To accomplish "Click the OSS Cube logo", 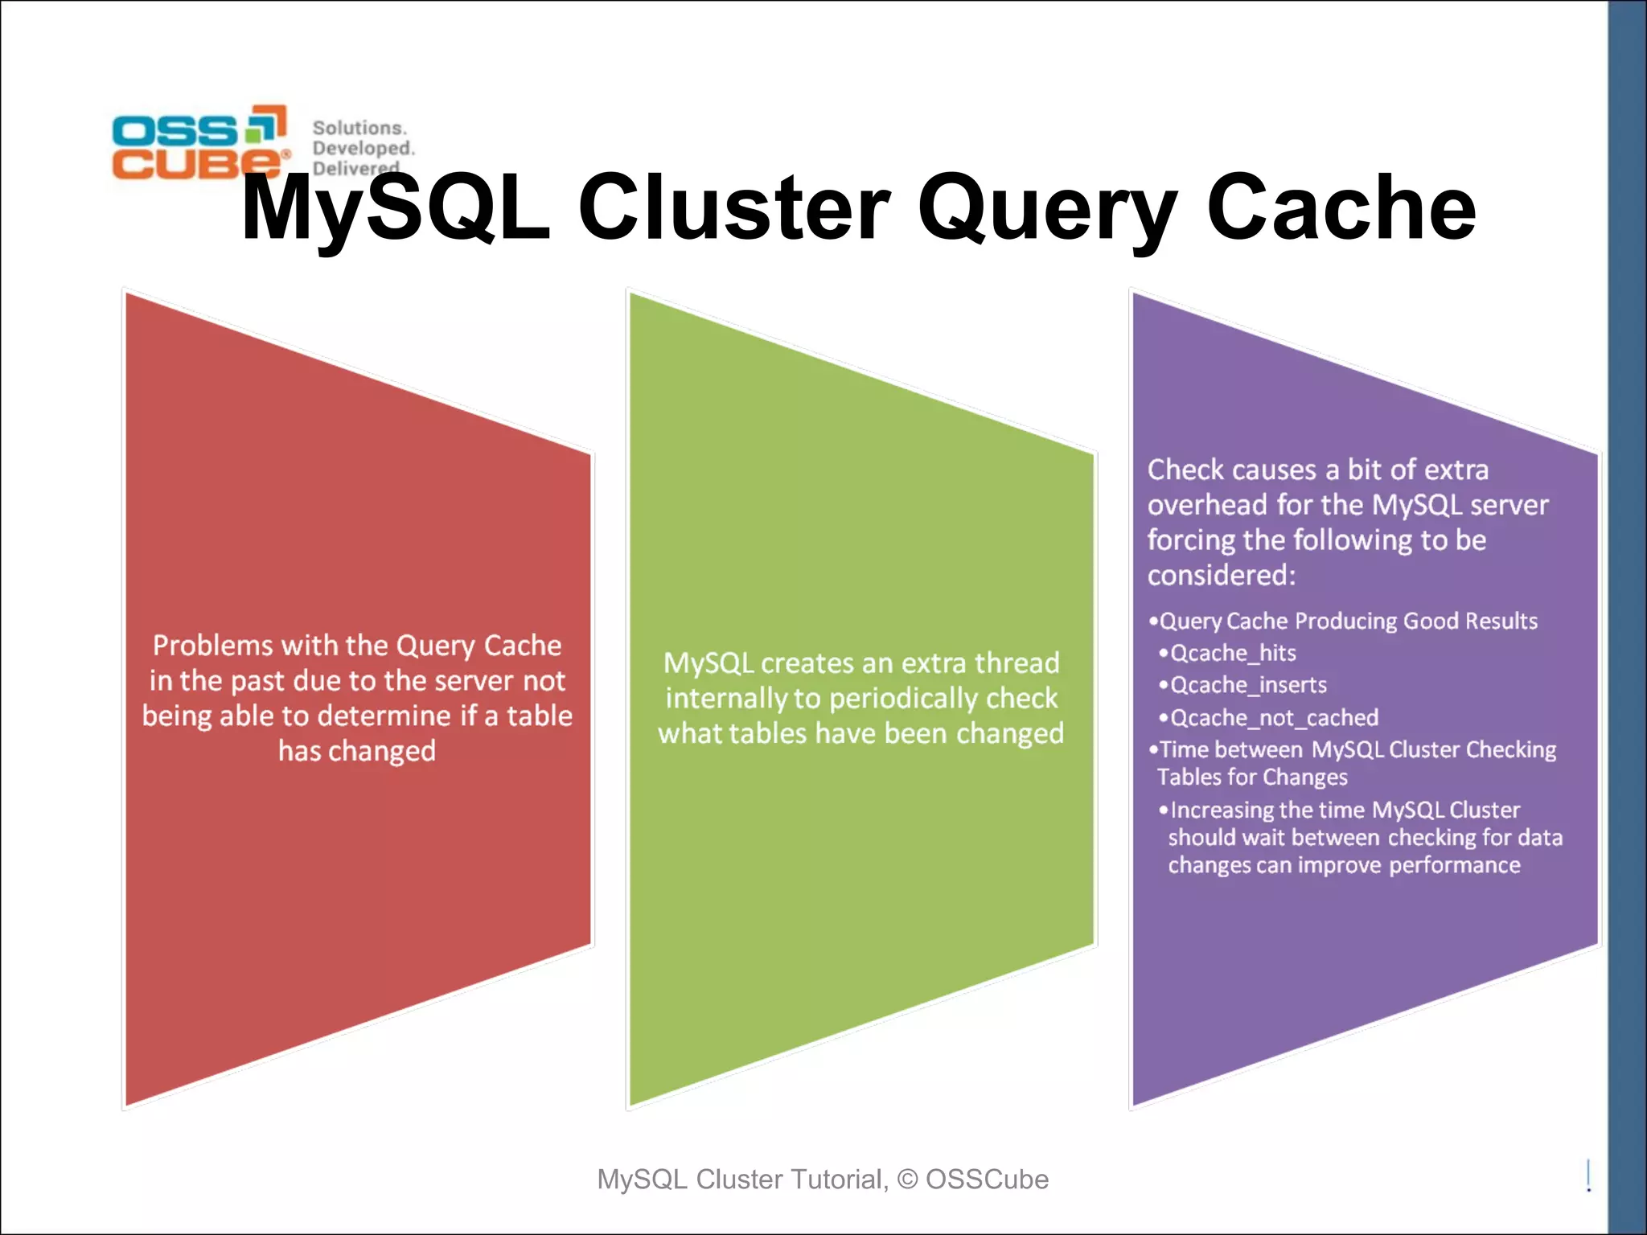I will point(199,142).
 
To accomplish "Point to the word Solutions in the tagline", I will point(359,128).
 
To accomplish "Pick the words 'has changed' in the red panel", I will point(357,751).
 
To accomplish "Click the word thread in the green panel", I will point(1017,663).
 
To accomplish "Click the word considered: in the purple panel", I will point(1221,576).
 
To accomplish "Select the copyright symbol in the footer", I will point(907,1180).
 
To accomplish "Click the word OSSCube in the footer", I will point(987,1180).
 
